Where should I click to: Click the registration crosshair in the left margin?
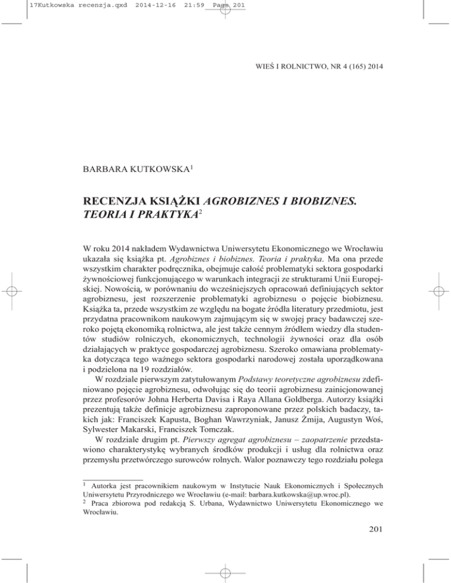[x=15, y=291]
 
